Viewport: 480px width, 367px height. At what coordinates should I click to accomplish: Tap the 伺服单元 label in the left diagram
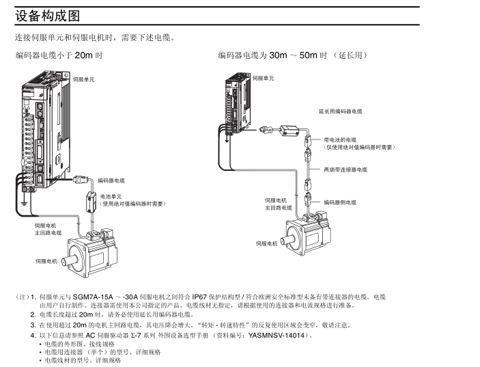coord(84,80)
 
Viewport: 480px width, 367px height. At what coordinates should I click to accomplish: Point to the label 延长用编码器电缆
coord(340,111)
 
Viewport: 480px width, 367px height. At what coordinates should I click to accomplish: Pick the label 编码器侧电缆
coord(340,202)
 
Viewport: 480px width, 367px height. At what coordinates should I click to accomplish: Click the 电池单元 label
coord(111,196)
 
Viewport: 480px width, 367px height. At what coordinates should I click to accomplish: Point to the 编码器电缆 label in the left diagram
coord(111,180)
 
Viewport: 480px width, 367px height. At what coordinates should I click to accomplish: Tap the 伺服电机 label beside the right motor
coord(267,243)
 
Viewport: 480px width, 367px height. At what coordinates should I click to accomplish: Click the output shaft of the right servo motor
coord(289,242)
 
